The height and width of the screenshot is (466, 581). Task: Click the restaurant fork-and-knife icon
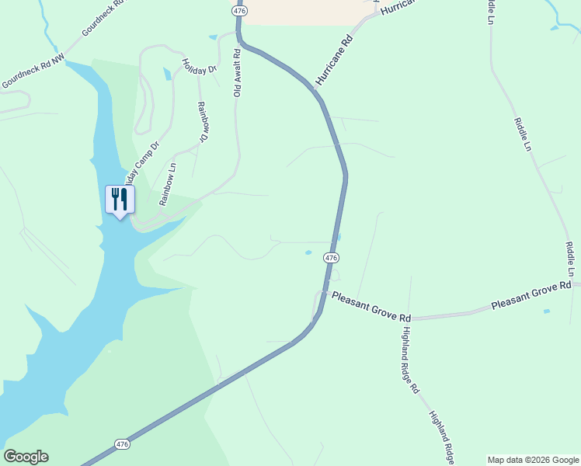[120, 200]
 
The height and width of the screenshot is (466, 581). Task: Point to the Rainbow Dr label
[204, 122]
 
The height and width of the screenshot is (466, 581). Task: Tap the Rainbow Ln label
[168, 183]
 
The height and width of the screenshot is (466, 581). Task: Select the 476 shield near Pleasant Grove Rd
[331, 258]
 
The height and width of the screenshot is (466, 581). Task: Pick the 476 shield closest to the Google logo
[122, 444]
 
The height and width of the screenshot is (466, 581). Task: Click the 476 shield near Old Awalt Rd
[239, 10]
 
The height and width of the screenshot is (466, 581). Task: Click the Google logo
[26, 457]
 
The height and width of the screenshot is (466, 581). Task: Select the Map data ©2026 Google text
[534, 460]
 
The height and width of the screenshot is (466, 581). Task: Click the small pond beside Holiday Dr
[166, 75]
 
